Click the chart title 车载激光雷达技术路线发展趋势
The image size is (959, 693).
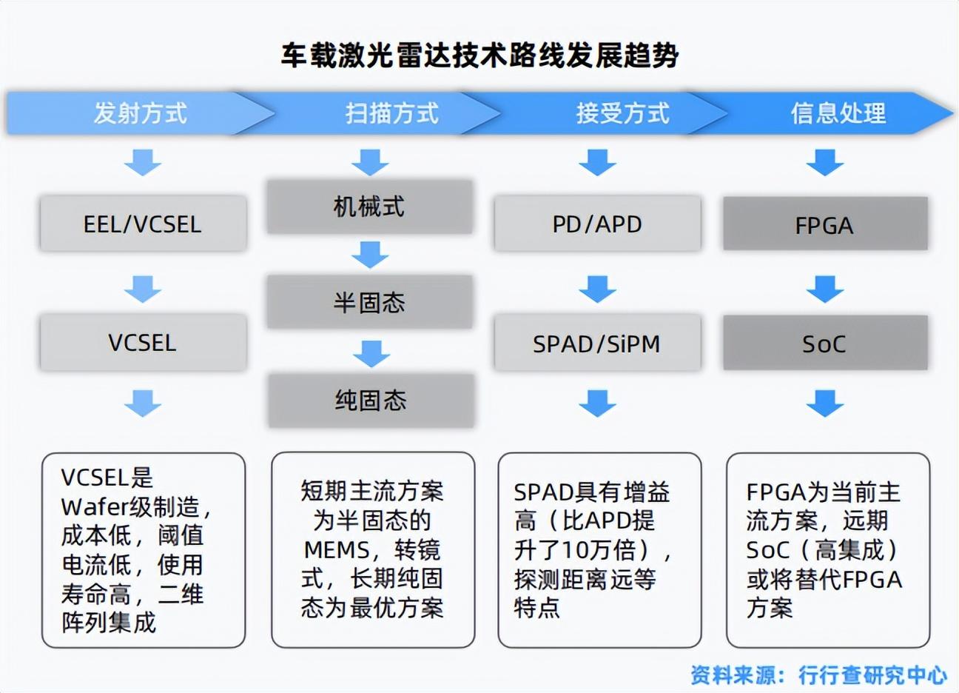tap(479, 56)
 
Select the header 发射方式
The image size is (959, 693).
tap(140, 113)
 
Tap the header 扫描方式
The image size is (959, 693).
tap(391, 113)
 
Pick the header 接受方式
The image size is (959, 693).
tap(622, 113)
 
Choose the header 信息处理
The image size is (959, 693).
tap(838, 113)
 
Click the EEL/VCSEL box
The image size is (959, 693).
tap(143, 224)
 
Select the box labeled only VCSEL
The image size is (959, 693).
tap(143, 343)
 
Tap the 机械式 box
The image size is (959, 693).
tap(369, 207)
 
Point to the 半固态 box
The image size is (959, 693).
tap(369, 302)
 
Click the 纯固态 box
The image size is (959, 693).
tap(371, 401)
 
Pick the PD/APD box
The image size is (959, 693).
tap(597, 224)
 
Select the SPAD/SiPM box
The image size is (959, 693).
tap(597, 344)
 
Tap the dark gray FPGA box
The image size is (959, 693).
tap(824, 225)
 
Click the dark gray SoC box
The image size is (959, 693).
tap(824, 344)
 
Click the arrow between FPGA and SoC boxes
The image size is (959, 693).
tap(824, 288)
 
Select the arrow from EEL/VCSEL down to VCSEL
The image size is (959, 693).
tap(143, 288)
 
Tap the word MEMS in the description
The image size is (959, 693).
tap(337, 550)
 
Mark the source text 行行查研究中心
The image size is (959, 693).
tap(872, 675)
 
